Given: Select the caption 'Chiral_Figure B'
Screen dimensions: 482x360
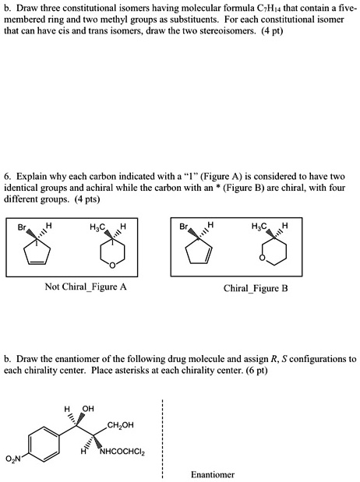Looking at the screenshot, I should tap(256, 287).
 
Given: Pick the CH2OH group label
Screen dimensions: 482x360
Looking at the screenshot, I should tap(120, 424).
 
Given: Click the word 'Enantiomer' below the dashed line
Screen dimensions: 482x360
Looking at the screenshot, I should tap(212, 474).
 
